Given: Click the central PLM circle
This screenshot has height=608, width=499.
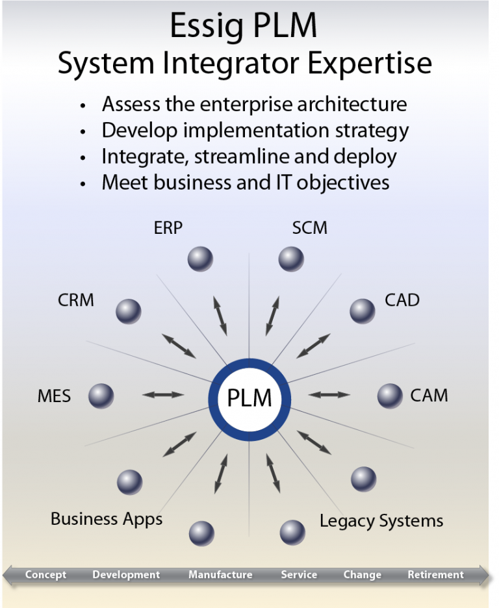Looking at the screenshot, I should [x=249, y=397].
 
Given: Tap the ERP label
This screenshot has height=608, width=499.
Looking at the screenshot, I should [x=168, y=228].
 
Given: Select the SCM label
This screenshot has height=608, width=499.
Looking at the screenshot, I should [x=310, y=228].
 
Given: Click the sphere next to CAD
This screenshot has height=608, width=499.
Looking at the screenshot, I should [x=363, y=310].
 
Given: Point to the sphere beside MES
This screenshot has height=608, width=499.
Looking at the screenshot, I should [x=101, y=396].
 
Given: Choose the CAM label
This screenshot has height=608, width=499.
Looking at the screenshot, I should [x=429, y=395].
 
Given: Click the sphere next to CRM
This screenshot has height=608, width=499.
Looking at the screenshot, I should [x=128, y=311].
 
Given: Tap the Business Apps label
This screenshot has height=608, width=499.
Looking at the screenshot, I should [x=107, y=519].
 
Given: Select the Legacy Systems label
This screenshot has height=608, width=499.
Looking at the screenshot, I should [x=381, y=521].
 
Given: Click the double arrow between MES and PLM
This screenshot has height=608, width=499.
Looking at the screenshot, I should [x=163, y=394].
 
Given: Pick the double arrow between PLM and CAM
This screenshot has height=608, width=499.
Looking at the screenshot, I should [x=329, y=394].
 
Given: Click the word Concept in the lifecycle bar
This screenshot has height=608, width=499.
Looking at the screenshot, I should [x=45, y=574].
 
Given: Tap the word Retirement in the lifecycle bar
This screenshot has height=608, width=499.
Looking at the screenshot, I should [x=435, y=574].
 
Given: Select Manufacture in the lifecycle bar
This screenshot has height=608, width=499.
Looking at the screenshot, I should [x=220, y=574].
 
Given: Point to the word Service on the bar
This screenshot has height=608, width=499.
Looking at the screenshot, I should [x=299, y=574].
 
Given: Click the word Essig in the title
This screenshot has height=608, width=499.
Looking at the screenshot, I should [x=205, y=26].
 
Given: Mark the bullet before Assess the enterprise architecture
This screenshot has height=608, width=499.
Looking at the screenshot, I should [x=83, y=106].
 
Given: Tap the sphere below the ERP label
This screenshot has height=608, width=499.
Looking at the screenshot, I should [x=200, y=259].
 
